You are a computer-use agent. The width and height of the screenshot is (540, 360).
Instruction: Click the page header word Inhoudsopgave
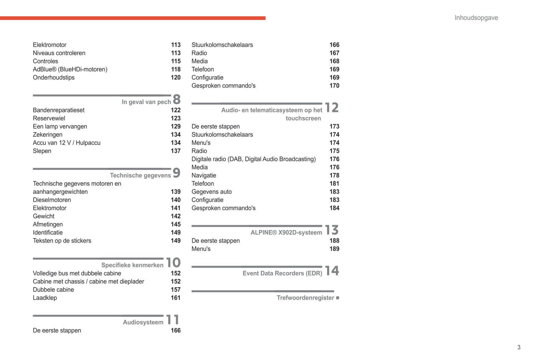[x=476, y=18]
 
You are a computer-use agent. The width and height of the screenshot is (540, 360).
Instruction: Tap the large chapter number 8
[x=177, y=99]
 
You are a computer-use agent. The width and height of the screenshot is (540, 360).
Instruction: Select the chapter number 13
[x=332, y=230]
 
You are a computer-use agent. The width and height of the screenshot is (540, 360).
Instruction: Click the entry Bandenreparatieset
[x=59, y=110]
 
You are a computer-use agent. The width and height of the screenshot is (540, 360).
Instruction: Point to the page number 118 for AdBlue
[x=176, y=69]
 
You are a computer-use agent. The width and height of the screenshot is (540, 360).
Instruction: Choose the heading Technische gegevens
[x=140, y=176]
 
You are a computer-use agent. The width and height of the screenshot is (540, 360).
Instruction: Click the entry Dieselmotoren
[x=52, y=200]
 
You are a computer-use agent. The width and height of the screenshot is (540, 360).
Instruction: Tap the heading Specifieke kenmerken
[x=132, y=265]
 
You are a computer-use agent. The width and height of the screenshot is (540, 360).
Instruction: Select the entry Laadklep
[x=45, y=298]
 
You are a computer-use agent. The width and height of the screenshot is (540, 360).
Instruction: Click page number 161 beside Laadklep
[x=176, y=298]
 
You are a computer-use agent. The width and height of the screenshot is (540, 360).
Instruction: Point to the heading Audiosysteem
[x=143, y=322]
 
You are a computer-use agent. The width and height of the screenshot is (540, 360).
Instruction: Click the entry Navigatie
[x=204, y=176]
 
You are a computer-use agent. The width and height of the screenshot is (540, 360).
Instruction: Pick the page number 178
[x=334, y=176]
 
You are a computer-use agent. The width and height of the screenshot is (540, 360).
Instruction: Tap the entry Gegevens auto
[x=212, y=192]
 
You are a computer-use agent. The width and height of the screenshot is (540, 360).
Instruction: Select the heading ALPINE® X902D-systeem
[x=286, y=233]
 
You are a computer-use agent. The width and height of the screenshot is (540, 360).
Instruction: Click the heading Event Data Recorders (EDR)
[x=282, y=273]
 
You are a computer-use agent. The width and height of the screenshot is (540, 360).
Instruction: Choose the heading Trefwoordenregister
[x=305, y=298]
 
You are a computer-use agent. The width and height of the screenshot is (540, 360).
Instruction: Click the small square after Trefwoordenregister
[x=337, y=298]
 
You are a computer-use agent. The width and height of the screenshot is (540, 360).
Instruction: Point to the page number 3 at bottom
[x=519, y=347]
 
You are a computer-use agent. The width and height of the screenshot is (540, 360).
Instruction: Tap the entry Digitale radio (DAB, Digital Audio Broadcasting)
[x=253, y=159]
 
